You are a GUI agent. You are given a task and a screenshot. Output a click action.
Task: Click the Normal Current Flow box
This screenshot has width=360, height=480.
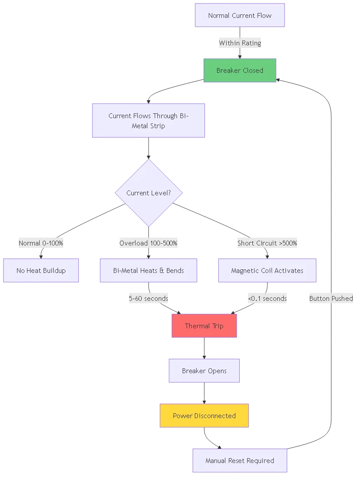coord(240,16)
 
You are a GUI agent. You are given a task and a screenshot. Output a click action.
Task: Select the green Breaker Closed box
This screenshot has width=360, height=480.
coord(240,70)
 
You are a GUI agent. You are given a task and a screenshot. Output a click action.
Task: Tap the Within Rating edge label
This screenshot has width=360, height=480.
coord(240,43)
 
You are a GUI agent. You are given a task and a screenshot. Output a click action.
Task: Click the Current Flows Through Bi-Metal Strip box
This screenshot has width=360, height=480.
coord(148,121)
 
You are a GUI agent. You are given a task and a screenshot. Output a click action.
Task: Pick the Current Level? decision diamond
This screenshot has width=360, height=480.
coord(149,193)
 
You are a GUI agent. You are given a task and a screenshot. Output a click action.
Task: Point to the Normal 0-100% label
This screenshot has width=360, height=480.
coord(41,243)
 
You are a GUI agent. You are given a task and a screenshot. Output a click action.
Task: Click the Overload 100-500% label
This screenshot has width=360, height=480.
coord(148,243)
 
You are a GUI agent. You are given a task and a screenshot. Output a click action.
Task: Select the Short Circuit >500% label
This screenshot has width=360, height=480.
coord(267,243)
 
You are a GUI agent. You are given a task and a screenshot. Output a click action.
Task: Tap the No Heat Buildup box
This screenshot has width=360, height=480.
coord(41,271)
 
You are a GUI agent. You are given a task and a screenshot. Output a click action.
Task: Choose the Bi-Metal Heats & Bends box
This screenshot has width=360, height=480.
coord(149,271)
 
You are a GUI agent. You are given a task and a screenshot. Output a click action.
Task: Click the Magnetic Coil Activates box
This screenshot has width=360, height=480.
coord(267,271)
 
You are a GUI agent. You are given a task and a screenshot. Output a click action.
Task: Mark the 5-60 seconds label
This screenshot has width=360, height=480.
coord(149,299)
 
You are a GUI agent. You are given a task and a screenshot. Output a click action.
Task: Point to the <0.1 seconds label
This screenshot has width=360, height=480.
coord(267,299)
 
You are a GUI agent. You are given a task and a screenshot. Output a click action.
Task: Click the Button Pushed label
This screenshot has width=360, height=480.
coord(331,299)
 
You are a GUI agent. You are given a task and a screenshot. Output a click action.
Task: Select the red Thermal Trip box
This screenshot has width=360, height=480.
coord(204,326)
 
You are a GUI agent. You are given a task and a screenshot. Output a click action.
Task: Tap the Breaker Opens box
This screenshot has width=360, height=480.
coord(204,371)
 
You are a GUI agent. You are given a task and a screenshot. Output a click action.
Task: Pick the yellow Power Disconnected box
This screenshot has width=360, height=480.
coord(204,416)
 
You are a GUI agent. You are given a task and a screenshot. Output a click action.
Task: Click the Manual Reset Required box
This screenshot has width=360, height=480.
coord(240,461)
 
